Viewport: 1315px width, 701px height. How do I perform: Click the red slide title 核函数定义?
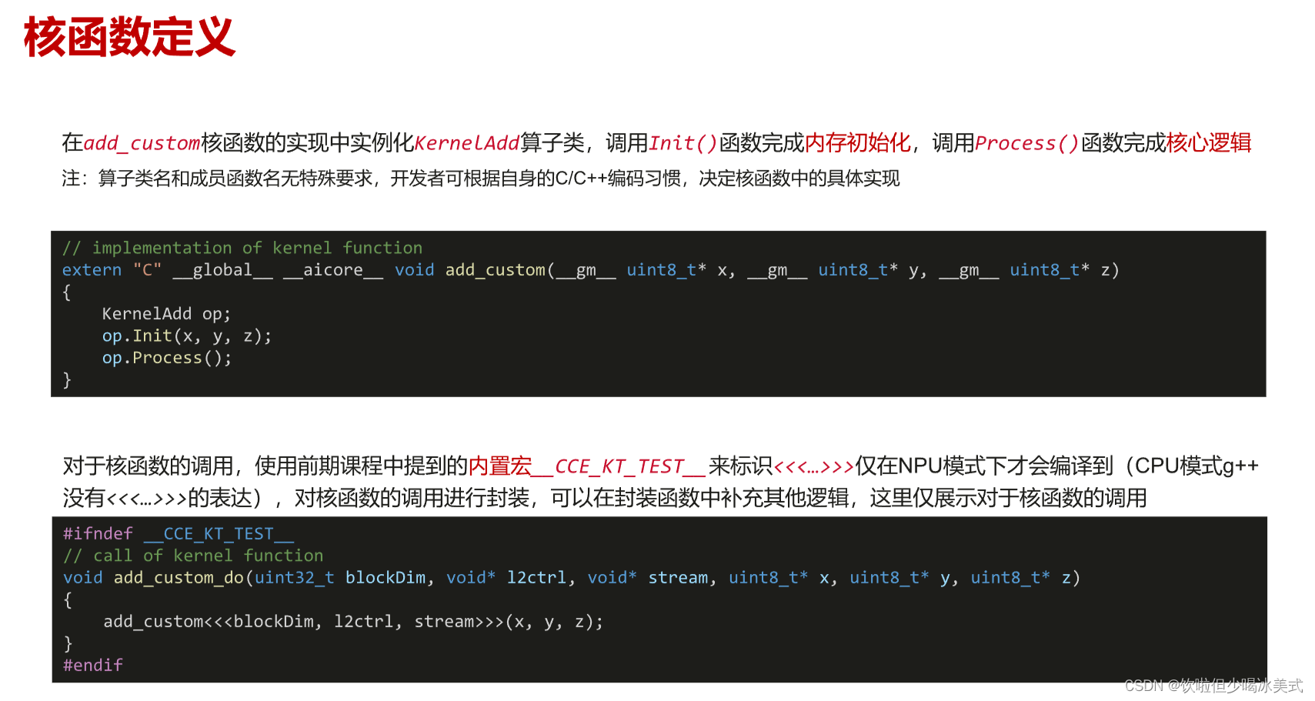coord(129,37)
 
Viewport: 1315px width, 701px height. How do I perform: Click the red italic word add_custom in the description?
coord(142,143)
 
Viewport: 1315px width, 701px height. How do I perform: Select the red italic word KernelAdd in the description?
coord(467,143)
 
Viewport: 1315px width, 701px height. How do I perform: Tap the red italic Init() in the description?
coord(683,143)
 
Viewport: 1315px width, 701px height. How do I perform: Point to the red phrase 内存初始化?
coord(857,143)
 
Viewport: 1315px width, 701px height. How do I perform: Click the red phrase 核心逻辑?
coord(1209,143)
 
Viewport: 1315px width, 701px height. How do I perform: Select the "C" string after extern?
coord(147,270)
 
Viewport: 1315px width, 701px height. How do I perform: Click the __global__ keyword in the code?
coord(222,270)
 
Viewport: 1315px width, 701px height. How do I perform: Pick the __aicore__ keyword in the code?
coord(332,270)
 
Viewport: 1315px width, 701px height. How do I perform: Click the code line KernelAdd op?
coord(166,314)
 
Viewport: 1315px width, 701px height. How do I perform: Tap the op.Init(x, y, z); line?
coord(186,336)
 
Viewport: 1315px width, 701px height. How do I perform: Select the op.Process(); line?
coord(166,358)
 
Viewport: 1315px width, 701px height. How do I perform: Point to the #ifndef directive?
coord(98,534)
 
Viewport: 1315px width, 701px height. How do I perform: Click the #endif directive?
coord(92,665)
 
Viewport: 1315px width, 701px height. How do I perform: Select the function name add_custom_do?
coord(179,578)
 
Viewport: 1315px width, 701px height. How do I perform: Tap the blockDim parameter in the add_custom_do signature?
coord(385,578)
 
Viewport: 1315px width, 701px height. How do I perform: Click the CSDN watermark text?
coord(1213,686)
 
